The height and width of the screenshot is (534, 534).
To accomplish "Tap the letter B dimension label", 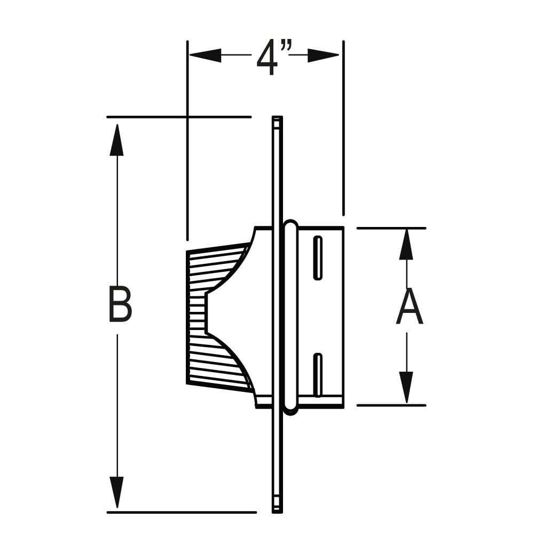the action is coord(120,304).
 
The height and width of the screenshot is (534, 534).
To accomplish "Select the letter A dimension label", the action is coord(410,306).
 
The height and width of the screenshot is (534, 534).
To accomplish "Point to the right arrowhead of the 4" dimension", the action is coord(324,55).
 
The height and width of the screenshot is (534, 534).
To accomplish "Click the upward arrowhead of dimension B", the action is coord(116,139).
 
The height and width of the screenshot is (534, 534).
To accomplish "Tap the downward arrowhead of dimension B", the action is coord(116,493).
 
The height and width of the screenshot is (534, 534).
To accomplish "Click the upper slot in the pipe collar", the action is coord(318,258).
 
